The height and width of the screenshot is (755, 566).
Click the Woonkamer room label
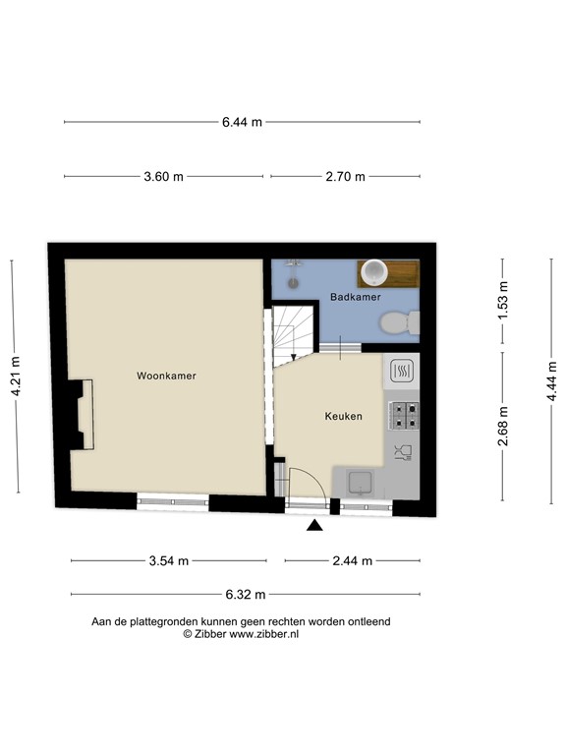pos(166,376)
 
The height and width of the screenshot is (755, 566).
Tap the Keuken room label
pos(343,416)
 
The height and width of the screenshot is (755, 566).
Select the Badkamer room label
pos(355,297)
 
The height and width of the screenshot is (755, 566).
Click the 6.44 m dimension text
pos(242,122)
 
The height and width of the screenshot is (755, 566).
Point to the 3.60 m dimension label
pos(164,177)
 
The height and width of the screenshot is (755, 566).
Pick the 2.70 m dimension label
pos(345,177)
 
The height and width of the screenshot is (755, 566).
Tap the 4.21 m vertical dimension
pos(16,377)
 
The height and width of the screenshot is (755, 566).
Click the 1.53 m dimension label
pos(502,300)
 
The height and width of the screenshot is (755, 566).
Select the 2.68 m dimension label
pos(502,426)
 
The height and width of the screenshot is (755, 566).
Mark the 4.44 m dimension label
pos(551,380)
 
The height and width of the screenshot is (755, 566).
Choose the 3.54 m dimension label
pos(168,561)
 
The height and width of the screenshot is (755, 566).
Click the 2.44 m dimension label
pos(353,561)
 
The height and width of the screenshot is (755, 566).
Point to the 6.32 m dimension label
pos(246,595)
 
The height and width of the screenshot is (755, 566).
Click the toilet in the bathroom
pos(400,322)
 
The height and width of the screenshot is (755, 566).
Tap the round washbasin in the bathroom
pos(374,271)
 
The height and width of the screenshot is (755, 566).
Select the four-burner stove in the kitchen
pos(404,416)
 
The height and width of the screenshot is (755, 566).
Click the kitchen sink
pos(361,483)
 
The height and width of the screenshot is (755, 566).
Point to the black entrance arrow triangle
pos(314,525)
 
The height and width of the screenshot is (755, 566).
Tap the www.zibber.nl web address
pos(263,634)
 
